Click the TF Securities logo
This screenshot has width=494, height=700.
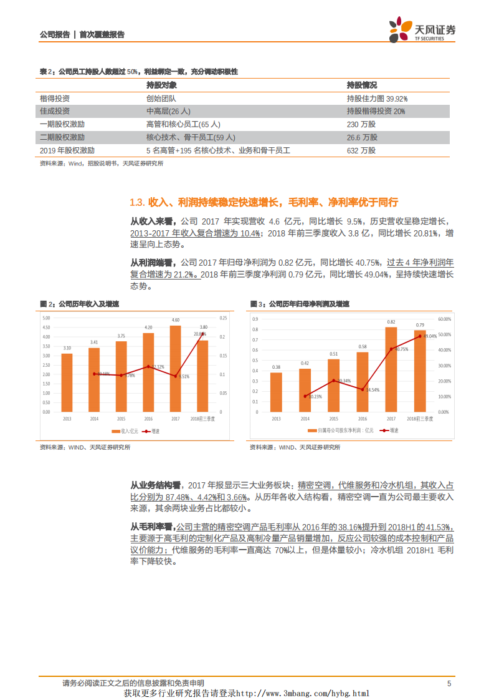(422, 30)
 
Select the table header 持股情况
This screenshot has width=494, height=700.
(362, 85)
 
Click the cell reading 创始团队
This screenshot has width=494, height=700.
(161, 99)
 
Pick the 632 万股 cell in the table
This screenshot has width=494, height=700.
(361, 150)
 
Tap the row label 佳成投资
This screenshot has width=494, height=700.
(54, 111)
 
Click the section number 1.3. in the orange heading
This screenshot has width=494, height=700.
(138, 203)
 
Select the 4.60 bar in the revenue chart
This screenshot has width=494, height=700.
(175, 368)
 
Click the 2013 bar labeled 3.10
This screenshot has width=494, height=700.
(67, 382)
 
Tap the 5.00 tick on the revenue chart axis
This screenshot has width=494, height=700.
(46, 318)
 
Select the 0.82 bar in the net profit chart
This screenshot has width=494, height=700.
(391, 369)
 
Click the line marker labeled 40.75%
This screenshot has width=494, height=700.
(391, 349)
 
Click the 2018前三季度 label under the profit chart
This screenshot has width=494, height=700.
(419, 419)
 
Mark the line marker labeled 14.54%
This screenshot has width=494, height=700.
(362, 389)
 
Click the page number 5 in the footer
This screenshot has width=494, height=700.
(449, 684)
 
